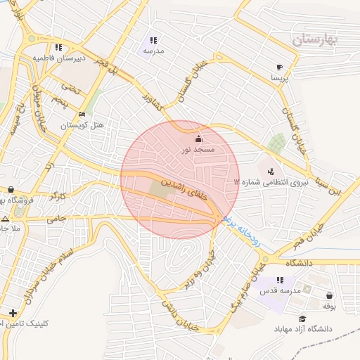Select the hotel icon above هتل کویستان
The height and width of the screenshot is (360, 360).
pos(82,115)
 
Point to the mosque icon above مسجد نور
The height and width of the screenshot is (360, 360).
pos(198,138)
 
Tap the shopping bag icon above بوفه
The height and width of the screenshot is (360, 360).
pos(330,295)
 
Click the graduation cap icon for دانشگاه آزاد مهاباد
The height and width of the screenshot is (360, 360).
pos(303,319)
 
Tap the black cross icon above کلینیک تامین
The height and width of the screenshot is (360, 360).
pos(13,312)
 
